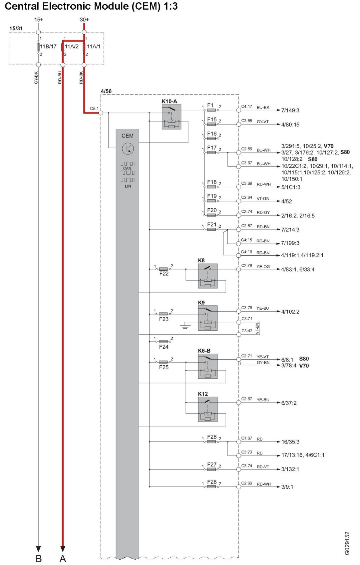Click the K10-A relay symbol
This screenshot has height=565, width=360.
(171, 117)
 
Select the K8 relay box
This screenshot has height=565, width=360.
(208, 276)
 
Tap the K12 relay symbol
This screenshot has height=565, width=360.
(208, 409)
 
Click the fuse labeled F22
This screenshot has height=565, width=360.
(163, 269)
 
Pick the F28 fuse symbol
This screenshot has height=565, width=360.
(211, 487)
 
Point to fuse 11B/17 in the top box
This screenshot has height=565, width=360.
(38, 47)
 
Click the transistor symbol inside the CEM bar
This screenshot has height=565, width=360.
(128, 148)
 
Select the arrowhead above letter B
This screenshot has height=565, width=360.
(38, 549)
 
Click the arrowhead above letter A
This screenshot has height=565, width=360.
(63, 549)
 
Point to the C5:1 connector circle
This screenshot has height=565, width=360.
(101, 113)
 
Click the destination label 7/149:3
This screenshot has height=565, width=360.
(290, 110)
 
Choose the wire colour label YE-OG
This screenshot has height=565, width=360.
(263, 266)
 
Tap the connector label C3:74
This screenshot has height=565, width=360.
(246, 466)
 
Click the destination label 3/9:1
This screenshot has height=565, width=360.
(287, 487)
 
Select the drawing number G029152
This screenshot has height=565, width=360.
(347, 543)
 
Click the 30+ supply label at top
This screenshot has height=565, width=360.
(84, 20)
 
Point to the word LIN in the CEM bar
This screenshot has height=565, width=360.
(128, 186)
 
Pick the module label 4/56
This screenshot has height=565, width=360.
(106, 91)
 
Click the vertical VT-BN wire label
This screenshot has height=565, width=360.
(257, 329)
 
